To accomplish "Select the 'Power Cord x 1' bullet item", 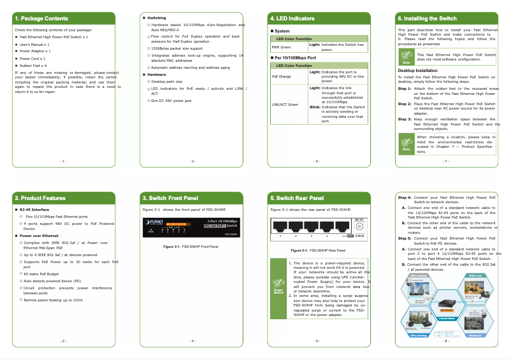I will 32,58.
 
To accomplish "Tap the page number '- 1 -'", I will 63,161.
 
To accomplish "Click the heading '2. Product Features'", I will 40,198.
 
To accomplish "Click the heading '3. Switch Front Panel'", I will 169,198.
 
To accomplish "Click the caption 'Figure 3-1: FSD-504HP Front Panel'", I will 191,247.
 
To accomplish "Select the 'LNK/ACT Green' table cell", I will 284,104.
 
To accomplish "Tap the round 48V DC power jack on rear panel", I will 359,227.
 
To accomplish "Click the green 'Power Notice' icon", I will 278,288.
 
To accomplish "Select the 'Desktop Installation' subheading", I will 417,70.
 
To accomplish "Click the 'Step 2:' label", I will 405,103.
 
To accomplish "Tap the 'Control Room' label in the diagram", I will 447,319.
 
